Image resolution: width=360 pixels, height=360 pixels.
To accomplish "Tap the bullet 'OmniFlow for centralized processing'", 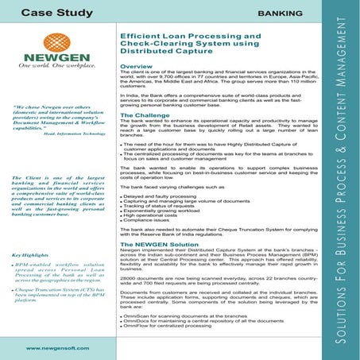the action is [169, 347].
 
